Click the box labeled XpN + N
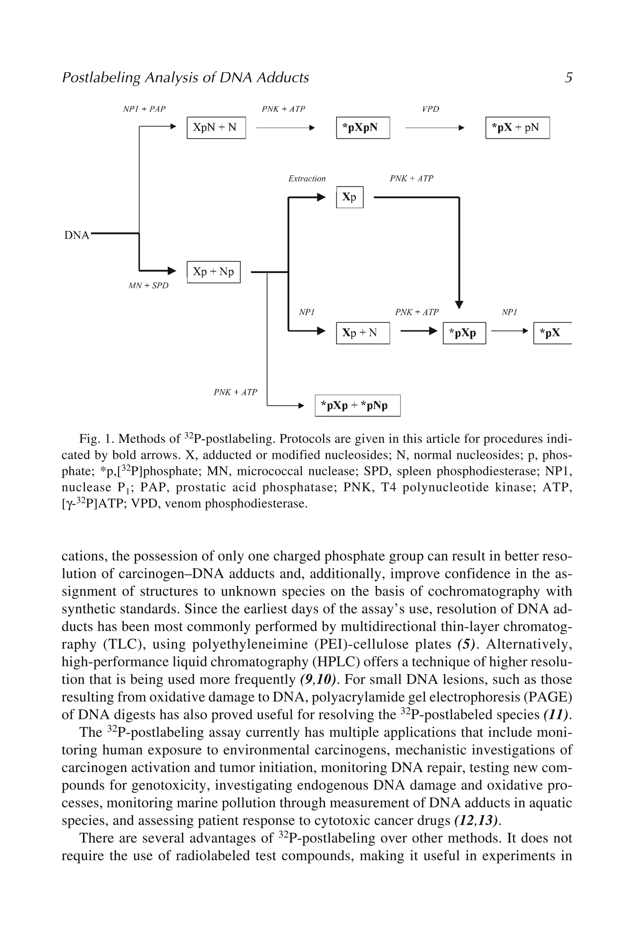[216, 127]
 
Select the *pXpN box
[363, 127]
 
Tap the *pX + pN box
[517, 127]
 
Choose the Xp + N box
[363, 333]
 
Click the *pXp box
[464, 333]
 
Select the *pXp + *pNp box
[358, 405]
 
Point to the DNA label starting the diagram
[76, 235]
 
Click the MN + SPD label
[148, 286]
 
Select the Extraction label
[306, 178]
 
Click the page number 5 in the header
[568, 77]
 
